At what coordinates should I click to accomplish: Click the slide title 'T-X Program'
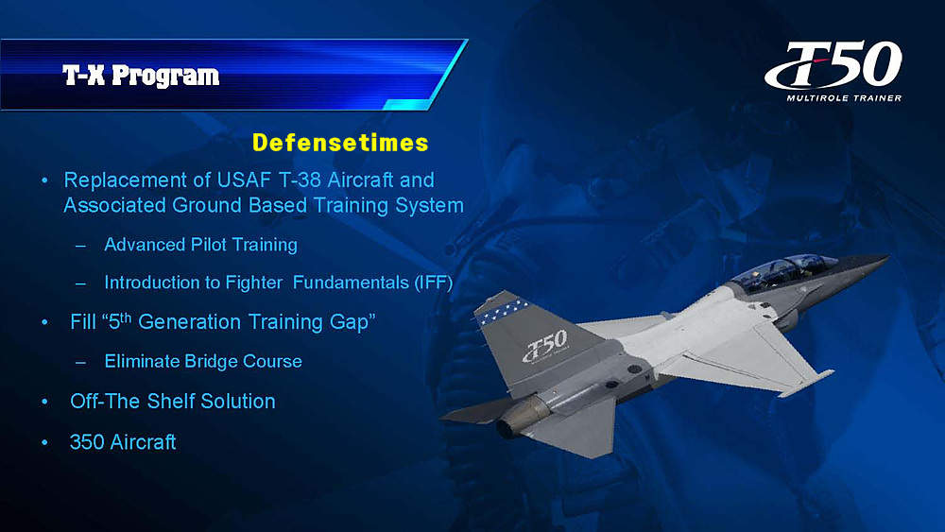point(141,76)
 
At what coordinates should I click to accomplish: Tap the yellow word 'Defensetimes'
point(340,143)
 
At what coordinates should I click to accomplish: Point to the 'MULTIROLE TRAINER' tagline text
point(844,97)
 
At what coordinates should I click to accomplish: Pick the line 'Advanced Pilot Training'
point(200,245)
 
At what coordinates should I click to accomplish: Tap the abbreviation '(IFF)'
point(434,282)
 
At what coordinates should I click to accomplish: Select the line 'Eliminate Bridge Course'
point(203,362)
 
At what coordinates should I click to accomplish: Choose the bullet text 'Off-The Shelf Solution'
point(172,402)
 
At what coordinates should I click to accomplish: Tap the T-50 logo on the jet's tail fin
point(546,347)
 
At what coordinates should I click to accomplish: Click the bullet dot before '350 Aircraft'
point(44,442)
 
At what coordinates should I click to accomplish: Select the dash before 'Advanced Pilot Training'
point(80,246)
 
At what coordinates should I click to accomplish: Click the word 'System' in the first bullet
point(429,205)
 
